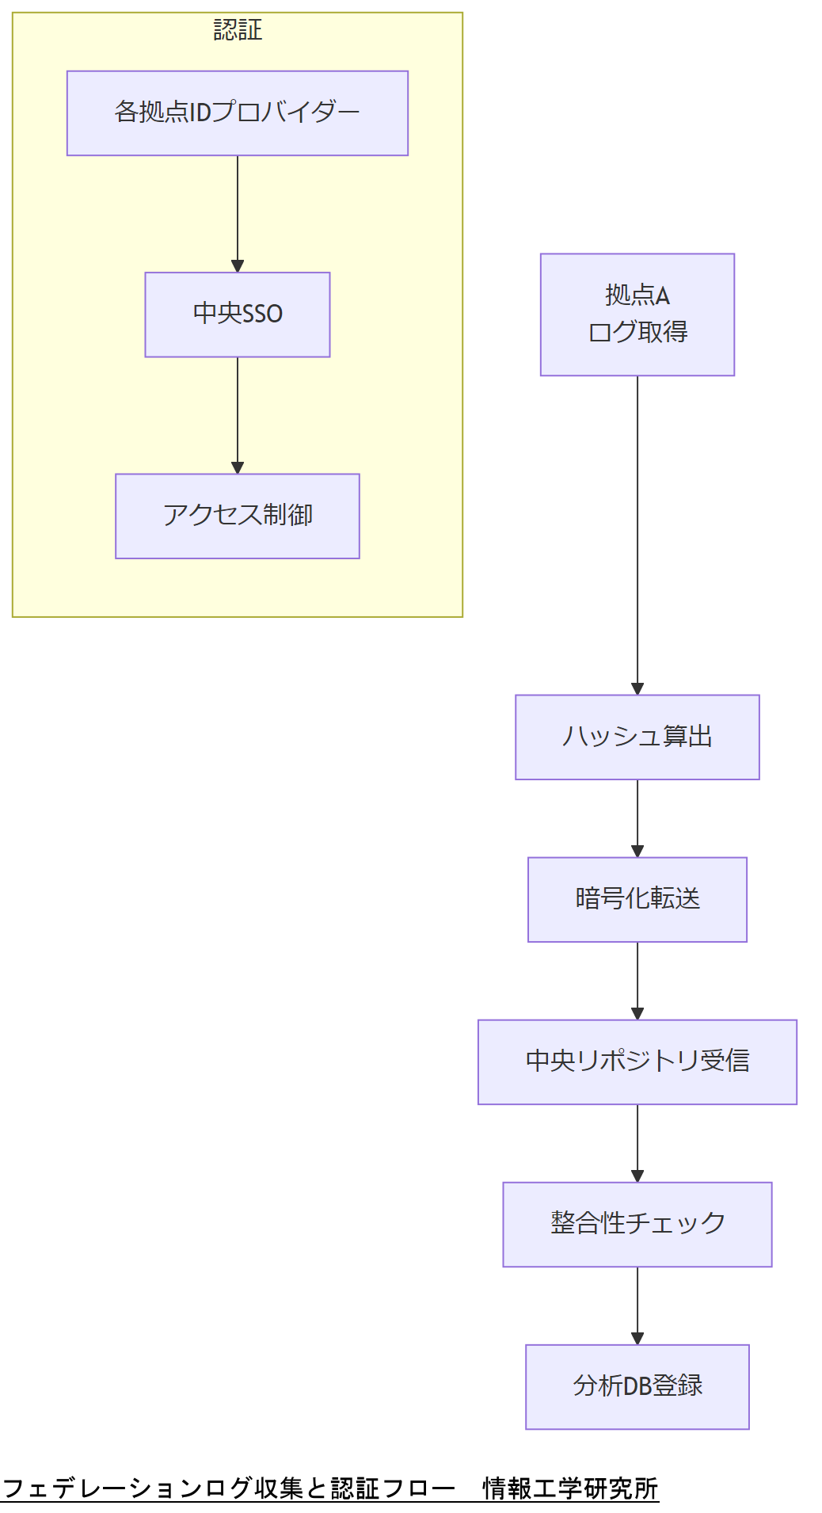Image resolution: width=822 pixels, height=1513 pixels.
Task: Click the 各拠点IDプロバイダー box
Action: point(238,113)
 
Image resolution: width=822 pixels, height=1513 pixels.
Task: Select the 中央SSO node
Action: point(238,314)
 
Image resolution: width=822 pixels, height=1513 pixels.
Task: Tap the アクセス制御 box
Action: point(238,516)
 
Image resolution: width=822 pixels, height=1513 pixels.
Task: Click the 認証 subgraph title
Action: point(238,30)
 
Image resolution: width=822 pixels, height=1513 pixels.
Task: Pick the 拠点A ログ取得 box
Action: point(637,314)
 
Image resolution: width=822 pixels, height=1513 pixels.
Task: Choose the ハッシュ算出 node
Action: point(637,737)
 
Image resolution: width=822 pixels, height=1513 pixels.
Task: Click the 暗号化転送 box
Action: point(637,899)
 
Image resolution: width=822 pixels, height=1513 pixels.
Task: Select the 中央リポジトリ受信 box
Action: point(637,1061)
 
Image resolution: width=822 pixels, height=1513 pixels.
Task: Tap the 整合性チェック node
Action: point(637,1224)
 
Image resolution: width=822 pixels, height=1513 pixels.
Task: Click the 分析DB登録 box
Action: point(637,1386)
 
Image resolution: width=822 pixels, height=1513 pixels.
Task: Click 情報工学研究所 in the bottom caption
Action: point(570,1488)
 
